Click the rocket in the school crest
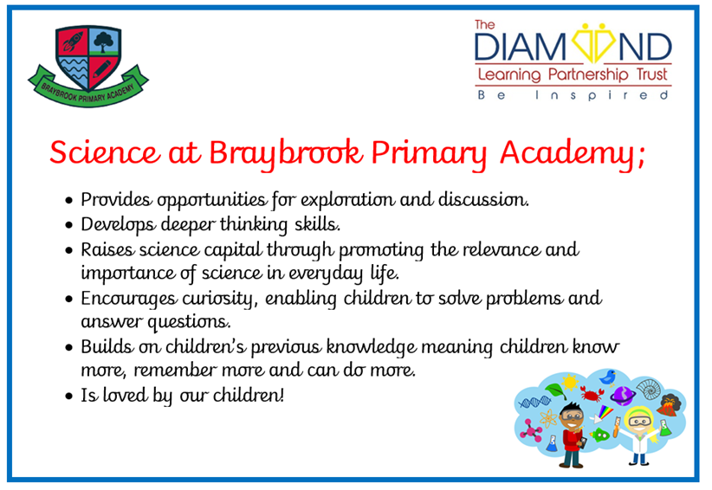[x=72, y=41]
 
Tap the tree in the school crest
[x=104, y=42]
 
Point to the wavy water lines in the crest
[x=74, y=70]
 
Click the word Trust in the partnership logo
[x=652, y=74]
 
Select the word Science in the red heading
[x=105, y=152]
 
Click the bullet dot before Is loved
[x=69, y=397]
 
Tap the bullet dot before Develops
[x=69, y=225]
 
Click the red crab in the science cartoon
[x=592, y=393]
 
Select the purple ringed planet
[x=623, y=396]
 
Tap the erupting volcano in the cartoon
[x=668, y=405]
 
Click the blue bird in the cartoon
[x=607, y=377]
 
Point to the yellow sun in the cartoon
[x=569, y=382]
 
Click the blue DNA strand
[x=534, y=402]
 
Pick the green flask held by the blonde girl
[x=665, y=428]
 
